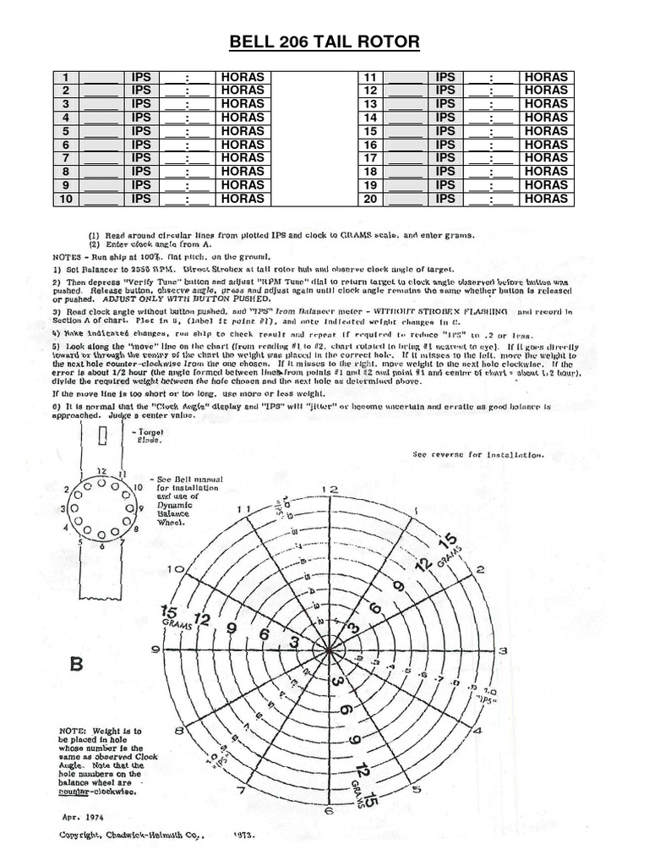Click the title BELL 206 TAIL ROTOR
tap(324, 43)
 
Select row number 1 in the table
tap(64, 77)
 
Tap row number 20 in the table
tap(369, 199)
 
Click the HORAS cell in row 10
tap(242, 199)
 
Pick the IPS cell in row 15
tap(445, 131)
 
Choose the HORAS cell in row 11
tap(546, 77)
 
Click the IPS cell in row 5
tap(141, 131)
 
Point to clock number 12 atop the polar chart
tap(333, 490)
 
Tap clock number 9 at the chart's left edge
tap(155, 649)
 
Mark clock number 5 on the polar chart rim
tap(416, 790)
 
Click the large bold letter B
tap(77, 665)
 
